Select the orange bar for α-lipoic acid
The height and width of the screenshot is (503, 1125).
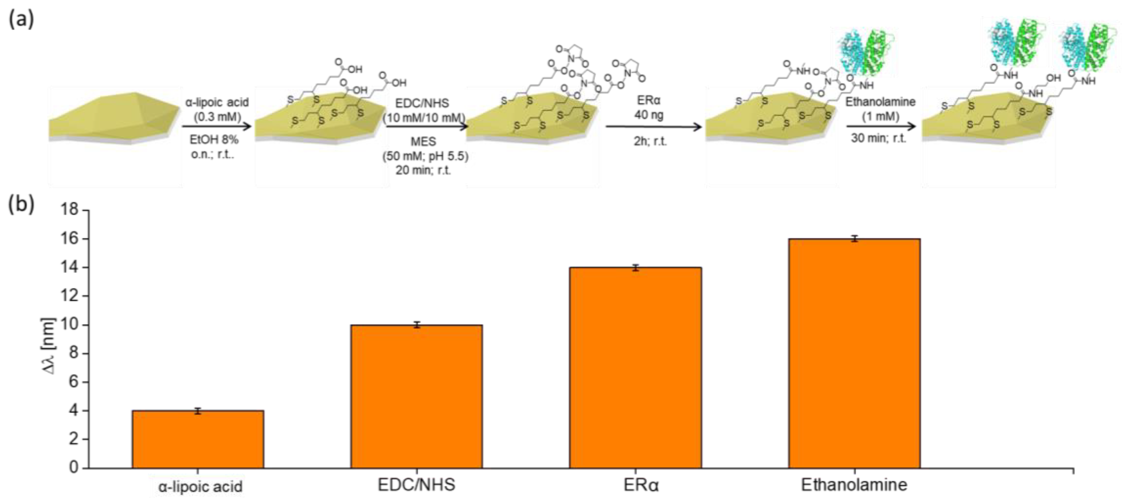pyautogui.click(x=198, y=439)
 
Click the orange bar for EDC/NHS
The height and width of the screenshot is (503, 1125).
pyautogui.click(x=417, y=396)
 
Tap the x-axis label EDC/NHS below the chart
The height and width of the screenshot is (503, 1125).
pyautogui.click(x=416, y=485)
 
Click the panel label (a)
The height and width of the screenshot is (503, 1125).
pyautogui.click(x=21, y=20)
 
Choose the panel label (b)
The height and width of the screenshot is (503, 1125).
pyautogui.click(x=21, y=204)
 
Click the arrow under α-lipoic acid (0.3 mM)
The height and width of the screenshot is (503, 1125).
pyautogui.click(x=217, y=127)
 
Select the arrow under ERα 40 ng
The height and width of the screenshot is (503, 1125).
pyautogui.click(x=653, y=127)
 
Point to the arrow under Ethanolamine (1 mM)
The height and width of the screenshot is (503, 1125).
pyautogui.click(x=880, y=127)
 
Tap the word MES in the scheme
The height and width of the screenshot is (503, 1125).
pyautogui.click(x=423, y=141)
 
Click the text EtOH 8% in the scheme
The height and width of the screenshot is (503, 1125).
pyautogui.click(x=214, y=140)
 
